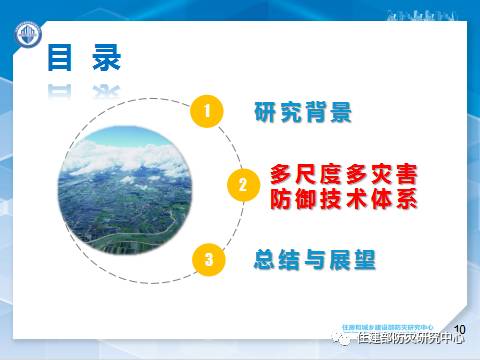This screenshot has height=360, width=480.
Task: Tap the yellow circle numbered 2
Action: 241,185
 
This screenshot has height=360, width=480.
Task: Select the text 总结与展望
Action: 314,260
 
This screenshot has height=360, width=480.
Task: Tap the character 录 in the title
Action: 105,57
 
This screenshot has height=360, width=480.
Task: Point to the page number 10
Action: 461,329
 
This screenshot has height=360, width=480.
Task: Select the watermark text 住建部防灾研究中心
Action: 411,340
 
